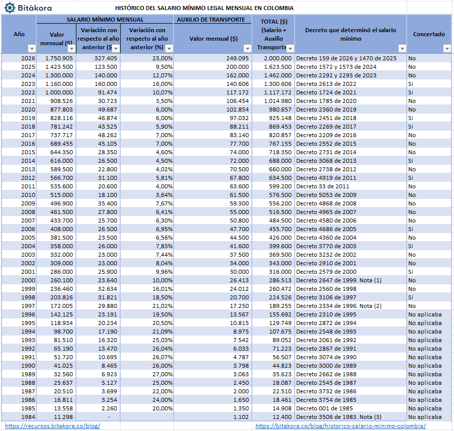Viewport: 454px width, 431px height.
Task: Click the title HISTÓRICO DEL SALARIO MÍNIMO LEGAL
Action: [204, 8]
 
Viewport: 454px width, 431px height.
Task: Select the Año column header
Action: [19, 34]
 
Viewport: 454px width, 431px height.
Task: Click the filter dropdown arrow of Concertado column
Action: [447, 48]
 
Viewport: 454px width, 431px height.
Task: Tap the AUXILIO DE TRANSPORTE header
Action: [212, 20]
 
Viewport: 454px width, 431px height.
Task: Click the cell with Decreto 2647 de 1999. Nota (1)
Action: [339, 280]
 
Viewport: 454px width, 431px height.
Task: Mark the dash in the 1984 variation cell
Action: [109, 417]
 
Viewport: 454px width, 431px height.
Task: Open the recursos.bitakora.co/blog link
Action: [52, 426]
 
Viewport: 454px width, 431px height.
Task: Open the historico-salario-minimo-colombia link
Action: [340, 426]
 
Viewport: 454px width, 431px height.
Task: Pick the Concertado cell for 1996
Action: [425, 314]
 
